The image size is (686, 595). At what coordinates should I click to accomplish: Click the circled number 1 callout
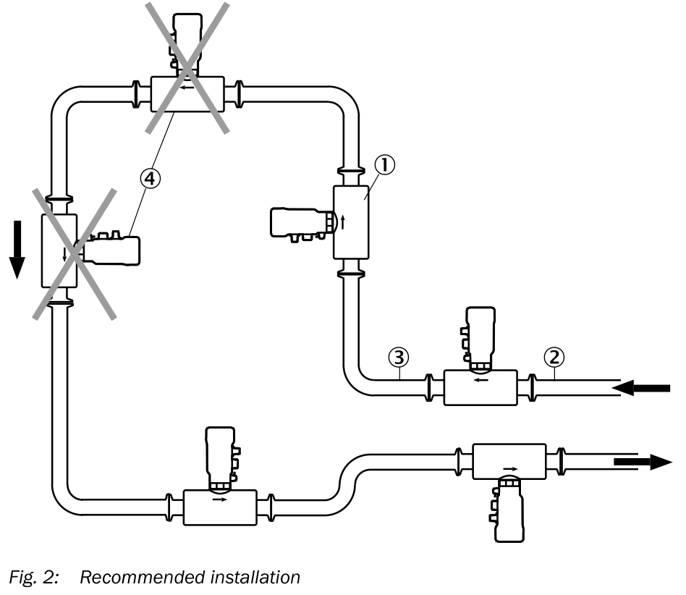coord(384,165)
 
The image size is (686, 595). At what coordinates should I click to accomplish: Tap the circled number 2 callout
coord(554,357)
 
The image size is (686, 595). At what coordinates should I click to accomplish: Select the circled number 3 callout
coord(399,357)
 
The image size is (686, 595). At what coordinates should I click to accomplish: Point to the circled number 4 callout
coord(150,179)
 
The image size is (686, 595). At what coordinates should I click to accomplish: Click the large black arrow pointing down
coord(17,250)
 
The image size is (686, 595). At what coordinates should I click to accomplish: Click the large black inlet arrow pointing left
coord(641,388)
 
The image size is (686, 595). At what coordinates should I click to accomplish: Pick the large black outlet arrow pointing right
coord(643,462)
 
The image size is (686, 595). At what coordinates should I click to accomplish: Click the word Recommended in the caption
coord(142,578)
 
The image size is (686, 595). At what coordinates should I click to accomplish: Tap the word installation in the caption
coord(255,578)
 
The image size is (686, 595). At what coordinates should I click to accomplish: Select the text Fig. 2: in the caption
coord(34,578)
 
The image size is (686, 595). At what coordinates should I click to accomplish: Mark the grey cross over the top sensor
coord(187,68)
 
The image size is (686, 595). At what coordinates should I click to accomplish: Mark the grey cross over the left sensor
coord(75,254)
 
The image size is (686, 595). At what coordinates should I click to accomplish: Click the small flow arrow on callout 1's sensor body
coord(342,221)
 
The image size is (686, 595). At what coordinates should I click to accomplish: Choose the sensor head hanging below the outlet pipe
coord(507,510)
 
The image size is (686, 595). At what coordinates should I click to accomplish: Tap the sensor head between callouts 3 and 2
coord(478,339)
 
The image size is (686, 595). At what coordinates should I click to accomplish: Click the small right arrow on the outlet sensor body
coord(510,469)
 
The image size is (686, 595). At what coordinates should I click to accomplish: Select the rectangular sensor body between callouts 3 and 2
coord(480,388)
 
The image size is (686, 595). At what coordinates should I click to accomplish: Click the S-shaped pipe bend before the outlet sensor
coord(348,478)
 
